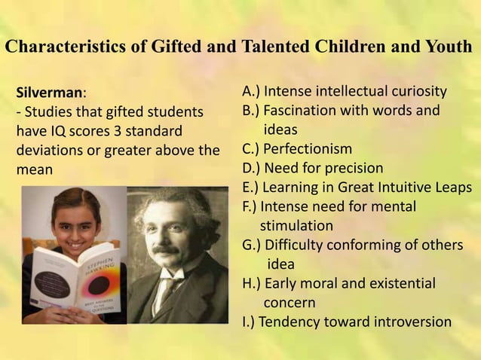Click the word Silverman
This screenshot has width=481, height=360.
coord(49,93)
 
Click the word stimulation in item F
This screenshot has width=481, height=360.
coord(296,225)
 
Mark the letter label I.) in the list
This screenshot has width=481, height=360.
coord(247,322)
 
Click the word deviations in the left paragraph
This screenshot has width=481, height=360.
coord(51,149)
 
